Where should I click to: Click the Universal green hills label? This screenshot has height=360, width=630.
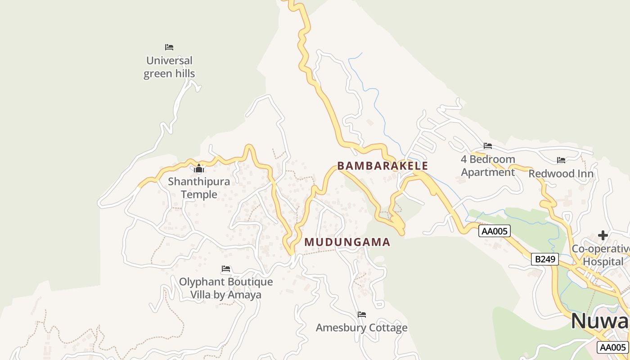point(169,67)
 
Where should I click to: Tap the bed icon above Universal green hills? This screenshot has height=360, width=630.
point(169,47)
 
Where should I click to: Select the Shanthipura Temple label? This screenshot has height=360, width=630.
point(199,188)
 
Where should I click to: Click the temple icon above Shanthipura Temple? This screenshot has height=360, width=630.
point(199,169)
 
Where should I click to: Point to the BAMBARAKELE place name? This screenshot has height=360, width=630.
point(382,166)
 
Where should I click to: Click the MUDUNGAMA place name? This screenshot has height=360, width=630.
point(347,242)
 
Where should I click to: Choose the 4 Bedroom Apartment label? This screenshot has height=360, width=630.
point(488,166)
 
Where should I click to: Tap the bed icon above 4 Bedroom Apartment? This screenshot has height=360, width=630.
point(488,145)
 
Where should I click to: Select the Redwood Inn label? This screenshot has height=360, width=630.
point(561,174)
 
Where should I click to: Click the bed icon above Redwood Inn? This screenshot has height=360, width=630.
point(561,160)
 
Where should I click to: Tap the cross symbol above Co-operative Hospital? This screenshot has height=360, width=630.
point(603,235)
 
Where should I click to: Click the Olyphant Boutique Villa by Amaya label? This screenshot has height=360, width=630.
point(226,288)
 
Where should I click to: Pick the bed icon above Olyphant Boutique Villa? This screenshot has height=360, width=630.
point(226,269)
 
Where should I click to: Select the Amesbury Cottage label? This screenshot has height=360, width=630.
point(361,328)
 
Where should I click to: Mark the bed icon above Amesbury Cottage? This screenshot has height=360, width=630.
point(361,314)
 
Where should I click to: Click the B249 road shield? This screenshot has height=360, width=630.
point(545,259)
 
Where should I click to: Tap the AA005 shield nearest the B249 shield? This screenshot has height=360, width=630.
point(494,231)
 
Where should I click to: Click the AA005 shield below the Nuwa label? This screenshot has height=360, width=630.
point(613,347)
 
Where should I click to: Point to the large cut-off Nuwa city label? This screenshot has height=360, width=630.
point(600,321)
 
